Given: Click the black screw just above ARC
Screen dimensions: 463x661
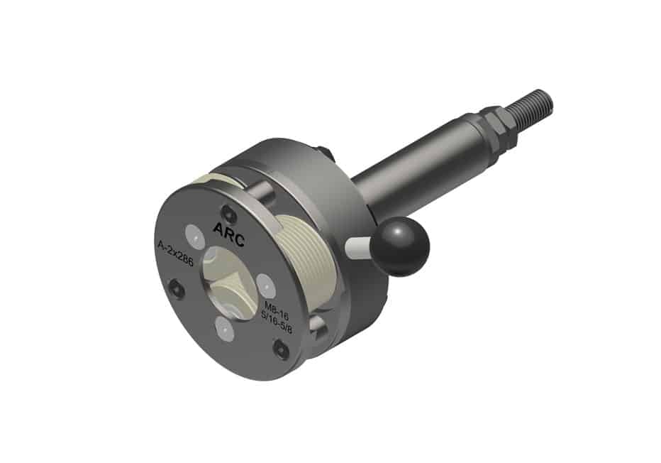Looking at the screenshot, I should tap(228, 211).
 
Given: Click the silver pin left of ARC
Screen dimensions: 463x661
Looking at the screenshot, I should tap(192, 234).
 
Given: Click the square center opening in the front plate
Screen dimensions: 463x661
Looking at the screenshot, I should tap(226, 281).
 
